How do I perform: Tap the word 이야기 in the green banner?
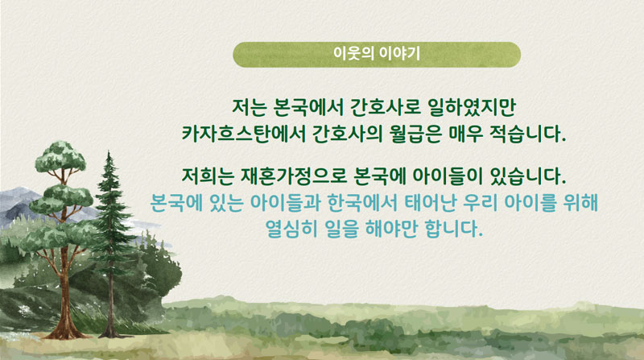pos(399,54)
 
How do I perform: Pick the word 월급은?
pos(415,134)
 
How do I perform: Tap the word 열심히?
pos(291,229)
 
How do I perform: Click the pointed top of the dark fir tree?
pos(109,152)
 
